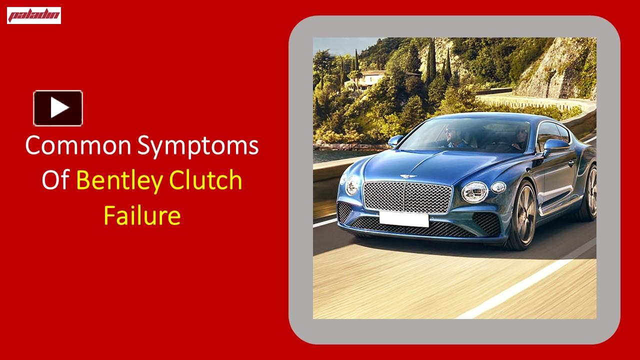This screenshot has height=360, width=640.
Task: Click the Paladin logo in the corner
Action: (x=34, y=15)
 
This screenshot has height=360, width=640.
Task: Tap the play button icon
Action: (x=58, y=108)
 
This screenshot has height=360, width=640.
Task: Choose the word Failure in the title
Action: (x=141, y=215)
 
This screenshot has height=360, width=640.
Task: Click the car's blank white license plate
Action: (x=403, y=218)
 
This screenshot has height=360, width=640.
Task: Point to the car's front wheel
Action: (x=522, y=215)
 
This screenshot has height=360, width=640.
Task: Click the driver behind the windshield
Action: (x=451, y=135)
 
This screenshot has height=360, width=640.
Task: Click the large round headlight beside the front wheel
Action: (x=474, y=190)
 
